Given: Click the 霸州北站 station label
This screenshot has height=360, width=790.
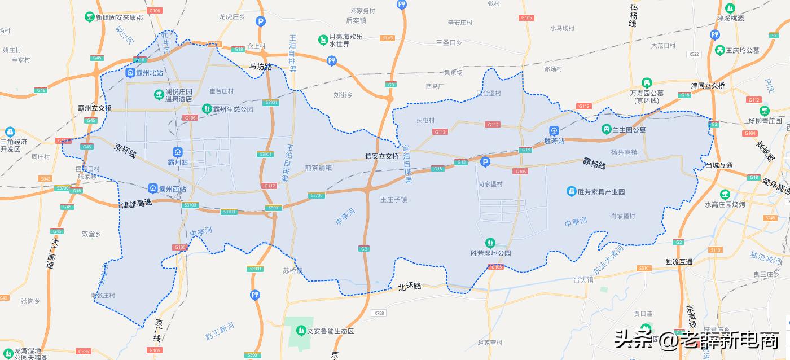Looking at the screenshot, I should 150,73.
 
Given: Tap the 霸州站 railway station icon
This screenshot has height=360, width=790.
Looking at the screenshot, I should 178,151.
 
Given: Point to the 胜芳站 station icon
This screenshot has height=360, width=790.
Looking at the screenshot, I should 554,130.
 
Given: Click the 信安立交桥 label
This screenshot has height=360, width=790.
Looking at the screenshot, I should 382,156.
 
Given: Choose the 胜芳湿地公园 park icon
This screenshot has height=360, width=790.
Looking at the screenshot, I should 490,243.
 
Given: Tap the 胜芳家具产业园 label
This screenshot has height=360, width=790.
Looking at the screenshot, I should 601,192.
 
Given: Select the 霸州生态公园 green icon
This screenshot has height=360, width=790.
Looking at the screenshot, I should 207,108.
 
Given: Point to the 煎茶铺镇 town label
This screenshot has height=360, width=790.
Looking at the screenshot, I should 318,168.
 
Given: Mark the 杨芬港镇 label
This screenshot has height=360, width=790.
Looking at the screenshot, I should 624,152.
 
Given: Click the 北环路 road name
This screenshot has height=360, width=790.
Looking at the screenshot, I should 410,286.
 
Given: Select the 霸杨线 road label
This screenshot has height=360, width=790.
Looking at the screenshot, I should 594,165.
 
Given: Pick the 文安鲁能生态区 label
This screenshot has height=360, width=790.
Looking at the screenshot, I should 330,331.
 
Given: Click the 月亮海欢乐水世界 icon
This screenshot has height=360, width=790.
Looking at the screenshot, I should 322,39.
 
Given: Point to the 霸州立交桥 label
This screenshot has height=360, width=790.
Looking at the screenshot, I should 95,108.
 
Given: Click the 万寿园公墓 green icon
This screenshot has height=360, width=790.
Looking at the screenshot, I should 646,84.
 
